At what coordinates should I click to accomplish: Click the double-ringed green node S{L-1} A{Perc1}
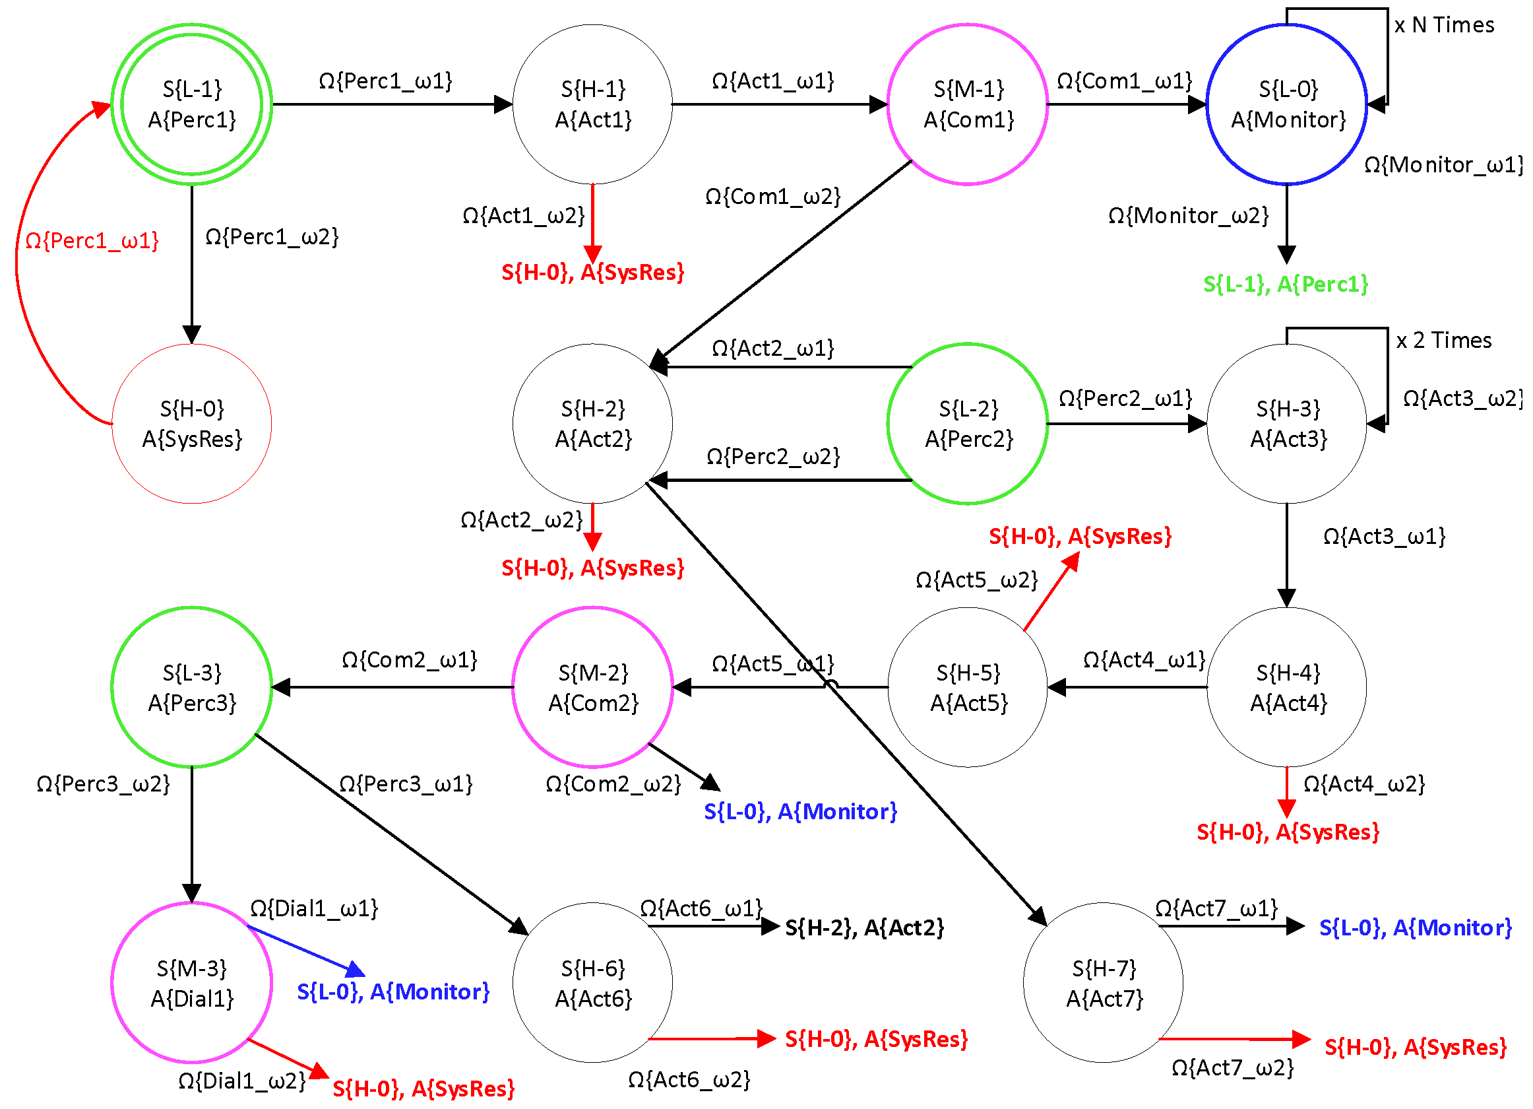click(191, 104)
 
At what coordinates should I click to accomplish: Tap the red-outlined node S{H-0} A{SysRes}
click(191, 423)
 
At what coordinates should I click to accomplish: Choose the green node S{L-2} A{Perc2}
click(967, 423)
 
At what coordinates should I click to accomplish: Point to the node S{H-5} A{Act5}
click(967, 687)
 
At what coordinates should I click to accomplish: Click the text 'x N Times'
click(1444, 25)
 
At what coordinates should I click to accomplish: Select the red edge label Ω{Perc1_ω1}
click(92, 241)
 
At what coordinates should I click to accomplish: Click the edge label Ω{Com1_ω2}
click(772, 197)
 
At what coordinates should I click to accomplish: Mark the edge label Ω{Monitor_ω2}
click(1187, 216)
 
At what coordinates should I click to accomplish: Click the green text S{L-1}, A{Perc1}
click(1285, 284)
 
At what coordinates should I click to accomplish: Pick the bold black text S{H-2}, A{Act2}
click(864, 927)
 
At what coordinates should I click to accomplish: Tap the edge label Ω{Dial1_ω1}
click(313, 908)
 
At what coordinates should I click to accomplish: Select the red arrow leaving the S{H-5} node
click(1051, 591)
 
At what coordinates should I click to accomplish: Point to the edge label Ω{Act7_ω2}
click(1232, 1068)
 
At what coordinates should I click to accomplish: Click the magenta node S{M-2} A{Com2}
click(592, 687)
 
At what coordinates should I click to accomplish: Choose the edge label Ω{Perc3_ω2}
click(103, 784)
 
